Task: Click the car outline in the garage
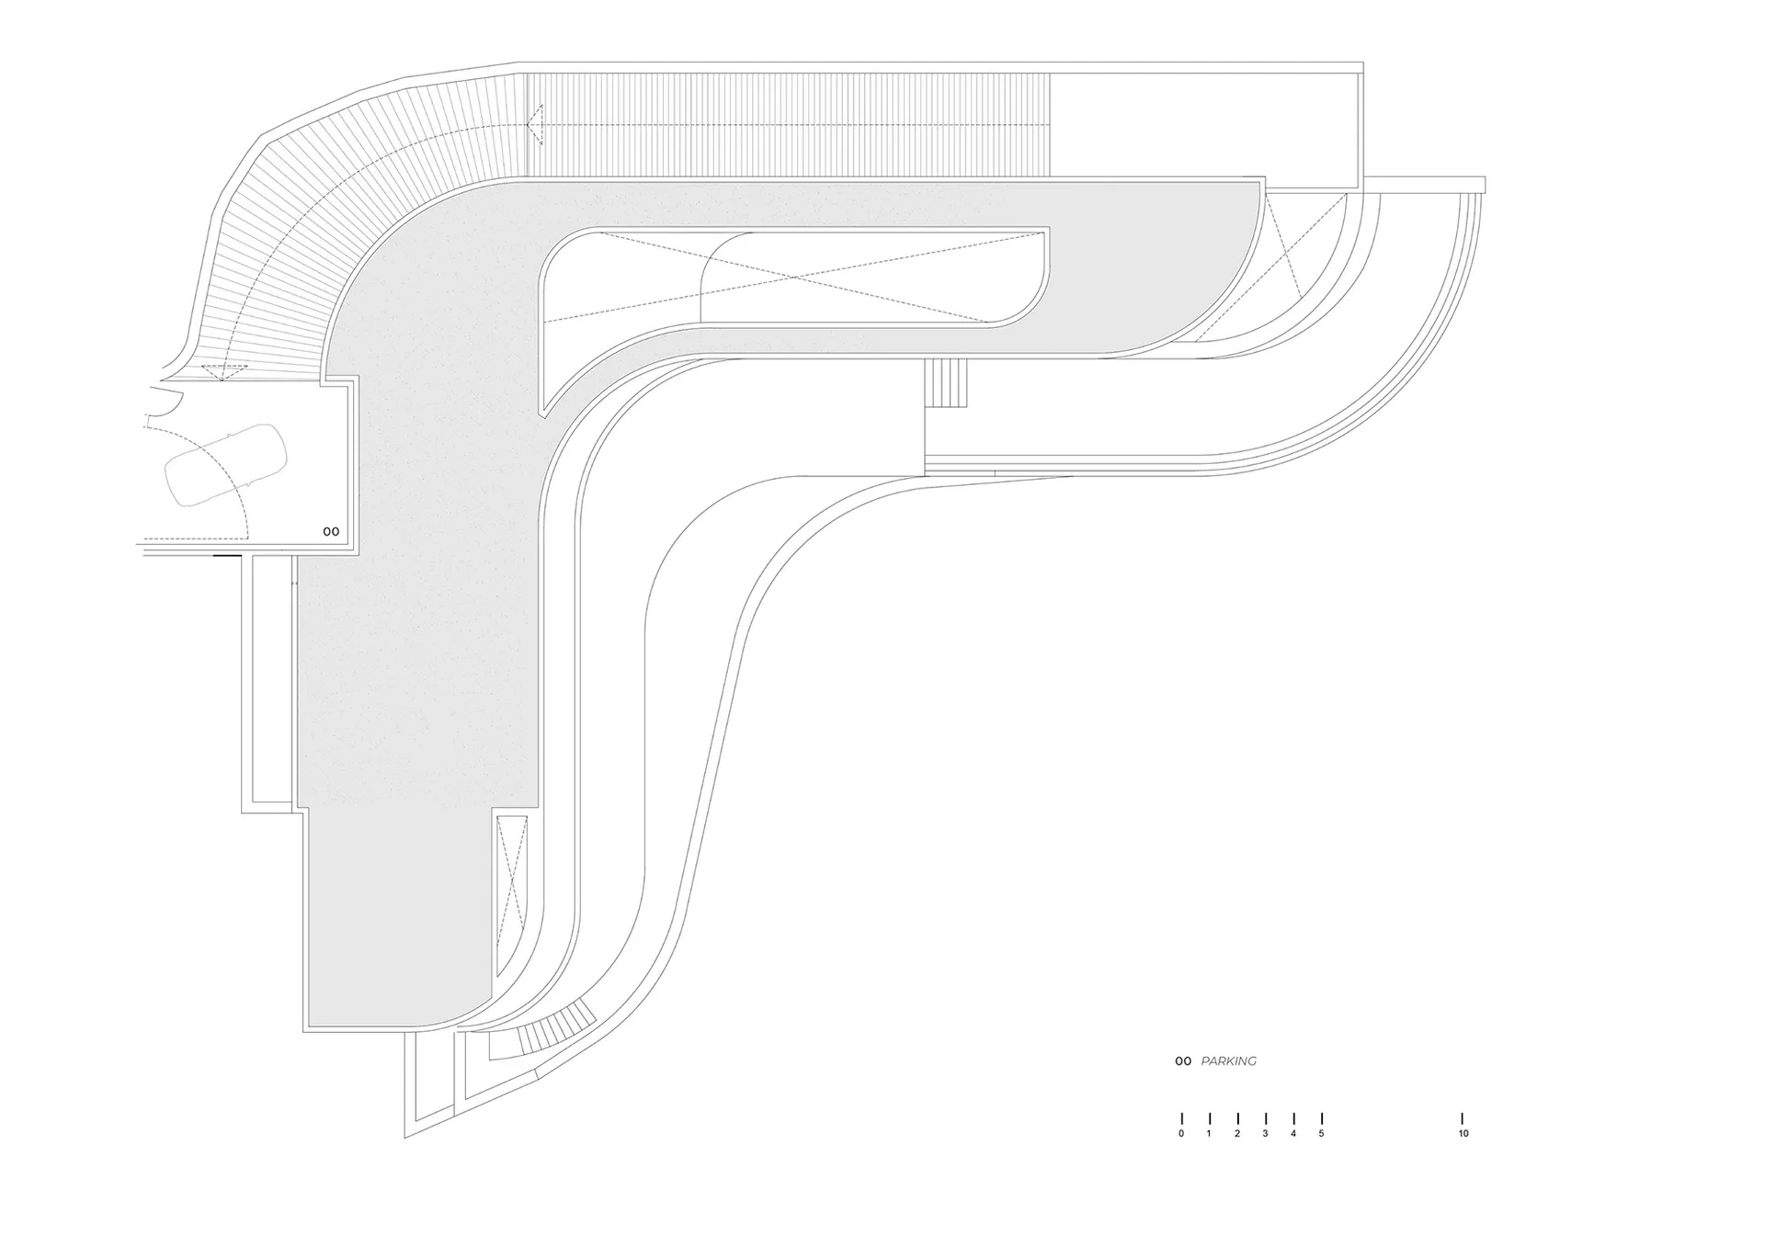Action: (x=225, y=465)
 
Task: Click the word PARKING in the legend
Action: (x=1228, y=1060)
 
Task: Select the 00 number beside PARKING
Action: (x=1183, y=1061)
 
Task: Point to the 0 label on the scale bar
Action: (x=1181, y=1134)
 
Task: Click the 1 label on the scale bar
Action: (x=1209, y=1134)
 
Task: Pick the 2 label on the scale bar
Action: (x=1237, y=1134)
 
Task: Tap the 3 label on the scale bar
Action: (x=1265, y=1134)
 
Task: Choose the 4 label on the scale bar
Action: (x=1293, y=1134)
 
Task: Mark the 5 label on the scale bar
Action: (x=1321, y=1134)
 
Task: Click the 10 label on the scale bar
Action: (x=1463, y=1134)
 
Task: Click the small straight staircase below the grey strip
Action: (x=947, y=382)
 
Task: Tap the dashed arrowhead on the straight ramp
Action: (x=535, y=124)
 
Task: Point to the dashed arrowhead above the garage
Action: (x=224, y=371)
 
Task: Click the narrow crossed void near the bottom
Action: (x=512, y=895)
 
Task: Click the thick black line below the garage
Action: (x=227, y=555)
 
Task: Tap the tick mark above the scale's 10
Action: (x=1463, y=1118)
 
